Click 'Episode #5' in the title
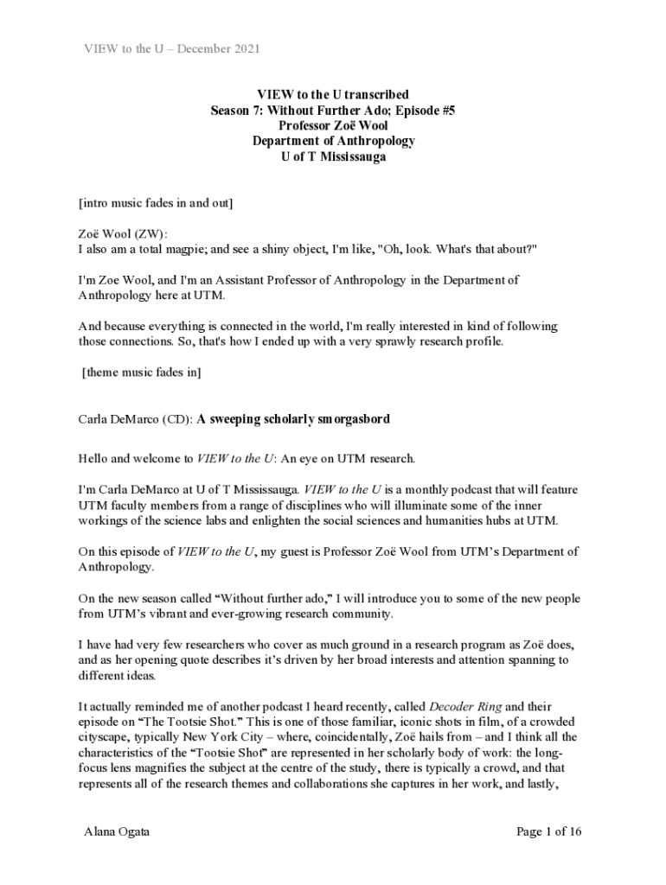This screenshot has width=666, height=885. [425, 110]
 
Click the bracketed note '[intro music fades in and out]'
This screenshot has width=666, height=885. [156, 203]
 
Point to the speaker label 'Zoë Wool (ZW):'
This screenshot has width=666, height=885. [124, 233]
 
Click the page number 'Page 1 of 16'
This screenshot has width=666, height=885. [548, 831]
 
